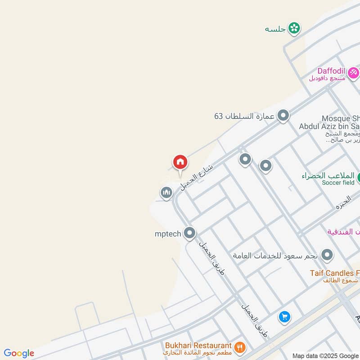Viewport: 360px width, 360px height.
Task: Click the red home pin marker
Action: tap(180, 162)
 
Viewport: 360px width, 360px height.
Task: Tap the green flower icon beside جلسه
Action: tap(294, 28)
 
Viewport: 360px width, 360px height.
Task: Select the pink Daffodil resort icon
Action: tap(353, 72)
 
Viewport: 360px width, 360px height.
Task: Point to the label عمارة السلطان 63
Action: tap(244, 116)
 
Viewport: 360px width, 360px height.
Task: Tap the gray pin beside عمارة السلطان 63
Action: tap(283, 116)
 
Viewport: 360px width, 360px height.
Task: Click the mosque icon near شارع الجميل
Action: tap(166, 193)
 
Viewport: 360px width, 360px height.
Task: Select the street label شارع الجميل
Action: tap(196, 177)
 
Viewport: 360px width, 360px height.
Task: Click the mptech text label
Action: tap(168, 233)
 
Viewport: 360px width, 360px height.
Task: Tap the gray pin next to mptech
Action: tap(190, 233)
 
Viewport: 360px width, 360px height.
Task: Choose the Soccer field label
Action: tap(338, 183)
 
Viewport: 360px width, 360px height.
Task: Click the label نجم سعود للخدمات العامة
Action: tap(275, 256)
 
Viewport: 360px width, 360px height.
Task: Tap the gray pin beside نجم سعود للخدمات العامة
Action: tap(327, 255)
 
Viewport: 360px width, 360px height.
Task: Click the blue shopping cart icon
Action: tap(284, 317)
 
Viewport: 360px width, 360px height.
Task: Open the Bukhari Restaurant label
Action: tap(198, 345)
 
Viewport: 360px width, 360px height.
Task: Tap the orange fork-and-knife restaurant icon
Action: tap(239, 346)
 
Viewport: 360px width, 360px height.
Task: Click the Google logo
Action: tap(19, 353)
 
